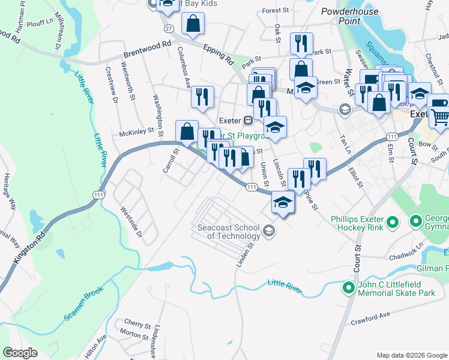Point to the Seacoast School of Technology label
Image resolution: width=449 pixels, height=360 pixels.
pos(228,232)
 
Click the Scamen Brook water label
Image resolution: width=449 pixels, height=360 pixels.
pos(83,304)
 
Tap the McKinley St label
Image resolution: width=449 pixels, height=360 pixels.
pos(137,133)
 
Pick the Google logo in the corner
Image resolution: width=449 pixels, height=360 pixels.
pos(20,353)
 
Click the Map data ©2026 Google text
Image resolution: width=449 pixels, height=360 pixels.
pos(411,355)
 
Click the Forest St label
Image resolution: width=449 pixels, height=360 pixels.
pos(276,11)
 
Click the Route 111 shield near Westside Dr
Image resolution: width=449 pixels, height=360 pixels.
pos(96,194)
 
